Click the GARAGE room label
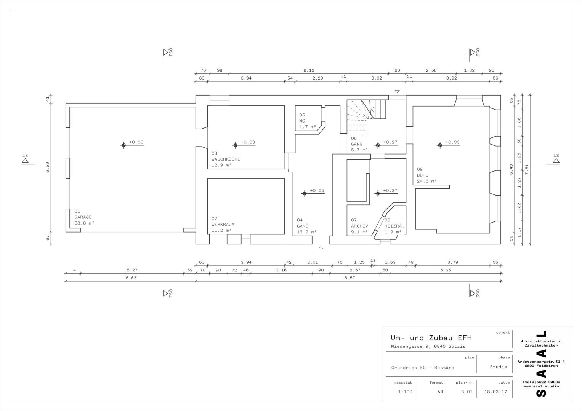click(83, 217)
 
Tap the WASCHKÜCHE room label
click(226, 159)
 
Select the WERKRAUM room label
click(223, 225)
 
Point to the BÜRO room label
click(423, 175)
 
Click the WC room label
click(302, 121)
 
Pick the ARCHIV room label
click(359, 226)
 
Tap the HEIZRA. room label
click(394, 226)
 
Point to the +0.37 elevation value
click(390, 191)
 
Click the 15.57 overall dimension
click(348, 278)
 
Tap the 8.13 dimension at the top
click(309, 70)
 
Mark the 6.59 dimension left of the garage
click(48, 167)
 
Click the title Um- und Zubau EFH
click(431, 338)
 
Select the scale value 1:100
click(405, 392)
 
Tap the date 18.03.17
click(495, 392)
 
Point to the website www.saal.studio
click(541, 386)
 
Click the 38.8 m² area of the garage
click(84, 223)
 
